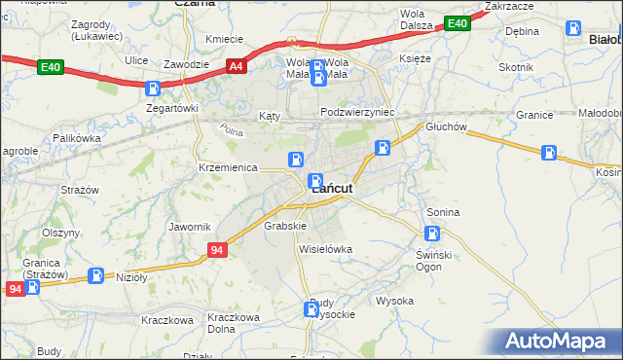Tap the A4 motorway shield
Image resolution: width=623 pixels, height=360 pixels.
pos(236,66)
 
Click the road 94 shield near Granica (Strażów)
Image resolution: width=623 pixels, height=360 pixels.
pos(15,289)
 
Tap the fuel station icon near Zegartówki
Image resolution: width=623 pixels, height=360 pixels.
pos(154,89)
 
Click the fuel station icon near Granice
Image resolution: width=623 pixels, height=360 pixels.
pos(549,152)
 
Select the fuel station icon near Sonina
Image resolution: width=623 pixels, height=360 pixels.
pos(432,234)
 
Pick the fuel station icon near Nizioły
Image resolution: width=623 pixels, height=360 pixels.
pos(96,276)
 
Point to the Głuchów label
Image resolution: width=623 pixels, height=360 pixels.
pos(448,126)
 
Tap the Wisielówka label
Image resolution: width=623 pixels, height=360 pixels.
pos(326,249)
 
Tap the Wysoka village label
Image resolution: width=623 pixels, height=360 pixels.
pos(396,301)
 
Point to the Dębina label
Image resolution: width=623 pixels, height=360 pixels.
pos(522,30)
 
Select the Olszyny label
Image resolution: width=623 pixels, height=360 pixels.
pos(59,234)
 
